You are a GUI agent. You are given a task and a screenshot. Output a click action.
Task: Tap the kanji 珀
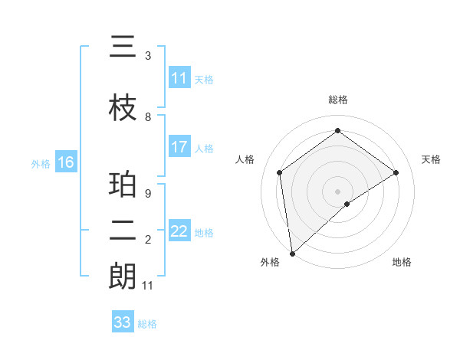click(123, 186)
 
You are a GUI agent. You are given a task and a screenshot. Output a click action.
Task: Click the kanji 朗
click(123, 277)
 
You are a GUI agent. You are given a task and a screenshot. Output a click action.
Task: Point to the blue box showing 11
click(179, 78)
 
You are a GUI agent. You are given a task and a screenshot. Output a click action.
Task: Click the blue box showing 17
click(179, 147)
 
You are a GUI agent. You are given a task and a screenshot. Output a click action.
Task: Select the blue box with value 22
click(179, 231)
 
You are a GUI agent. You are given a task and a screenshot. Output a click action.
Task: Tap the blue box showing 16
click(65, 162)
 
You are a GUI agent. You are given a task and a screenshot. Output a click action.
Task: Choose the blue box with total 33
click(123, 322)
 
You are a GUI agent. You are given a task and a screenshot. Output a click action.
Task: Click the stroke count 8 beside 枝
click(148, 117)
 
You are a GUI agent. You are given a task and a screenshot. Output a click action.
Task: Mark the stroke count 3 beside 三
click(148, 56)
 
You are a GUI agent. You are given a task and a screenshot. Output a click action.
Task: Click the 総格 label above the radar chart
click(337, 100)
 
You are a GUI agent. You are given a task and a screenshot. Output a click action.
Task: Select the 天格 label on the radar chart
click(431, 159)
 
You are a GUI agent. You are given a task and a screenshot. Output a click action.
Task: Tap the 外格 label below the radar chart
click(270, 262)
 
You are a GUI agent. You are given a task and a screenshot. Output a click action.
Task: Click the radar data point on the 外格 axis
click(291, 253)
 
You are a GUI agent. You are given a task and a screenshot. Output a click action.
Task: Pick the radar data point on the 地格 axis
click(347, 204)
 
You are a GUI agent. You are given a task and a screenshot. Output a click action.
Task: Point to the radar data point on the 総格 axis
click(337, 131)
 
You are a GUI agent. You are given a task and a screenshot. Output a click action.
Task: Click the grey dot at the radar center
click(337, 190)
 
